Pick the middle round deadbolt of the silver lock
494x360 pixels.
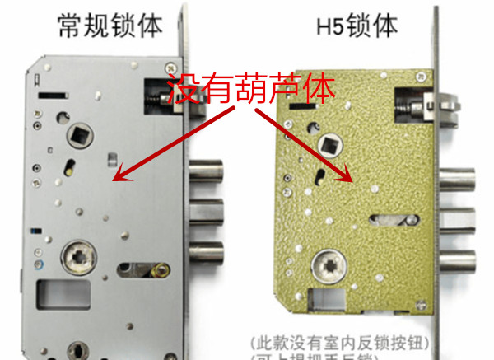[207, 211]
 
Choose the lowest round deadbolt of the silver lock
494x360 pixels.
[207, 250]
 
